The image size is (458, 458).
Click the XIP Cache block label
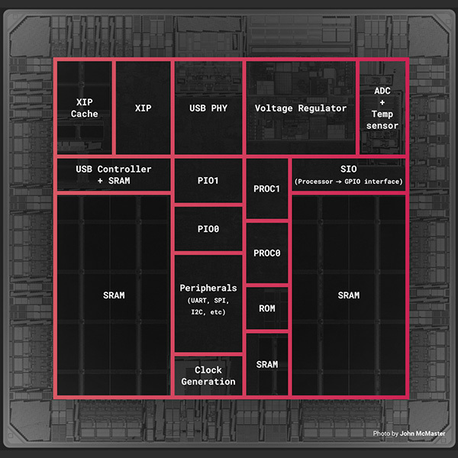tap(85, 108)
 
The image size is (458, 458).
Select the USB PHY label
tap(208, 108)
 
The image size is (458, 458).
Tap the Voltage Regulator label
tap(301, 108)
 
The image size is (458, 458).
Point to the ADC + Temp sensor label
tap(382, 108)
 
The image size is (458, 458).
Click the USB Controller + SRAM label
tap(114, 175)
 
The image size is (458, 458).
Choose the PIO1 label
tap(208, 181)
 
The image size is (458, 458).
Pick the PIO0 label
tap(208, 228)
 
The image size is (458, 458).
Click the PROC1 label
tap(267, 189)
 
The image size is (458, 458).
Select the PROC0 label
tap(267, 253)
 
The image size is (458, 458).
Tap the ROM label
tap(267, 308)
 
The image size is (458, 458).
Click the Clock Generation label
tap(208, 376)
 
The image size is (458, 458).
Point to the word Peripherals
tap(208, 288)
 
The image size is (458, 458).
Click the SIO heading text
tap(348, 169)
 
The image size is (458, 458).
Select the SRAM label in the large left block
tap(114, 295)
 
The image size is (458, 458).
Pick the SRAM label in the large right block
tap(348, 295)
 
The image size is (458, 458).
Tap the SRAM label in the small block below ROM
tap(267, 364)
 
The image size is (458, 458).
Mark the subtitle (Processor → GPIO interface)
tap(348, 181)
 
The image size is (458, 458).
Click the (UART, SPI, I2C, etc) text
tap(208, 308)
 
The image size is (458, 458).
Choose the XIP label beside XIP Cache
tap(143, 108)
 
